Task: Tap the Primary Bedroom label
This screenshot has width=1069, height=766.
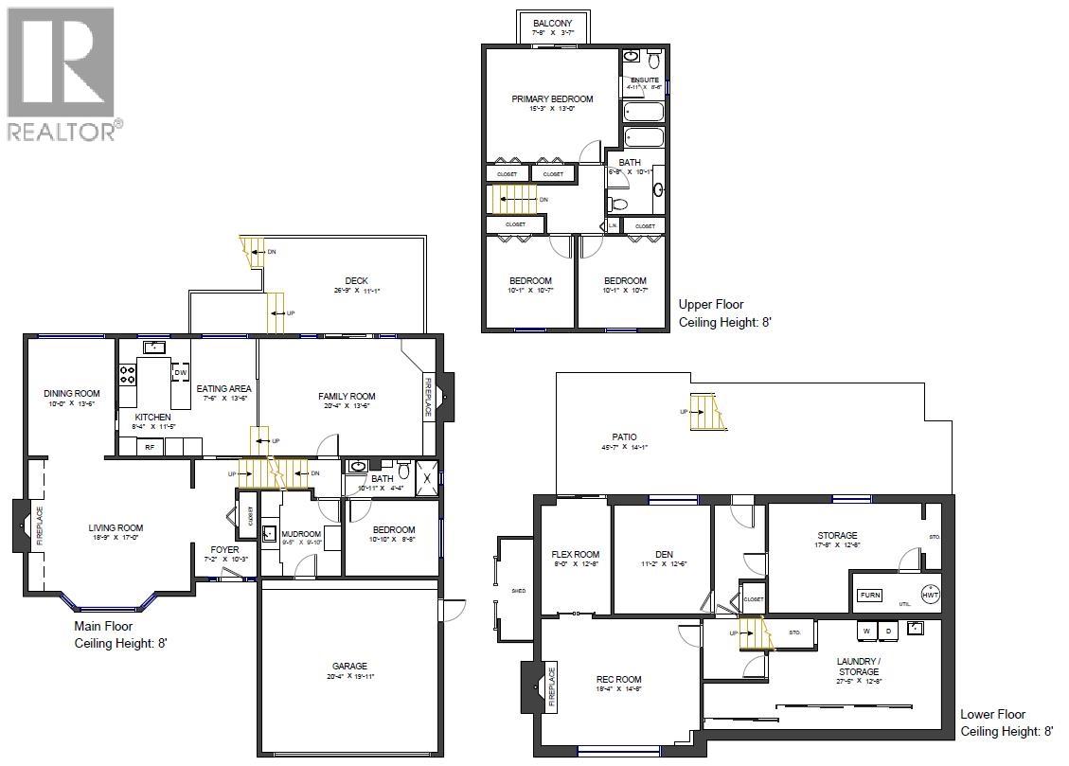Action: point(552,98)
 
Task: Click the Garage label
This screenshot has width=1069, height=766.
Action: point(349,666)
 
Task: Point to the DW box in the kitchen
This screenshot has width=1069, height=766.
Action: point(180,373)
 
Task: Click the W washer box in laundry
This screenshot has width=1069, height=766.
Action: point(865,631)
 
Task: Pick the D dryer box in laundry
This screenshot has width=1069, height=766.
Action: point(888,631)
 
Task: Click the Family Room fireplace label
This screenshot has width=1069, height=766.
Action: point(427,397)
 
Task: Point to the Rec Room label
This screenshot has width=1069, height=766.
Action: point(619,679)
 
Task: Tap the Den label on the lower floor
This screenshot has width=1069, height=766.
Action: point(663,555)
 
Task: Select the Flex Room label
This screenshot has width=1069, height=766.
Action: point(576,555)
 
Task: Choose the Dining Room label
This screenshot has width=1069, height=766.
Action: point(71,393)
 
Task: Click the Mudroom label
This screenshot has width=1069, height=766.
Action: point(301,534)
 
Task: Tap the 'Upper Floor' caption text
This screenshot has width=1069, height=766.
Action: point(711,305)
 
